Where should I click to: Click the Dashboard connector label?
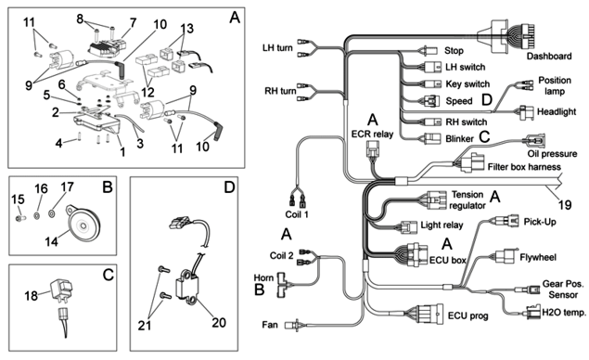(549, 57)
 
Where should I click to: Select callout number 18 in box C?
(31, 296)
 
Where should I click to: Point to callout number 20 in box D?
(219, 322)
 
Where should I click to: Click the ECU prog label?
(468, 315)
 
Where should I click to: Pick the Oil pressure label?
(552, 154)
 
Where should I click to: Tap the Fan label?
(270, 325)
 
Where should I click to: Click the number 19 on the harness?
(565, 205)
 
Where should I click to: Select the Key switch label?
(467, 84)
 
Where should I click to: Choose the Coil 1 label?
(297, 214)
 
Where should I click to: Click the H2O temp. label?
(564, 313)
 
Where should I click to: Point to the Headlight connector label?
(557, 111)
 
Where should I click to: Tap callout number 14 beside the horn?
(51, 241)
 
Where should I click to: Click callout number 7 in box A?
(133, 23)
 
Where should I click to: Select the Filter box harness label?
(524, 167)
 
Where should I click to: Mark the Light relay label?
(442, 225)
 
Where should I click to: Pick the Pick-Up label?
(540, 222)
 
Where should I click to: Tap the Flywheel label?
(538, 257)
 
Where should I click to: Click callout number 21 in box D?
(145, 325)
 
